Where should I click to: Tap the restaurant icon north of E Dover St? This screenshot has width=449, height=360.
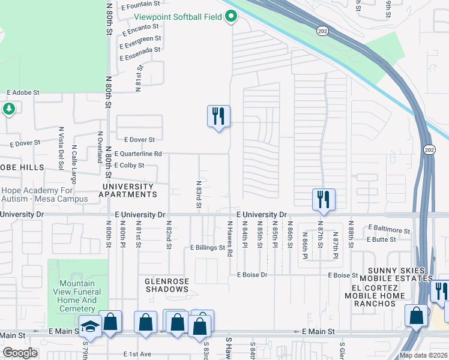[x=218, y=115]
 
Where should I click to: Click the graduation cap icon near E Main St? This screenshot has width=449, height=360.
[x=90, y=326]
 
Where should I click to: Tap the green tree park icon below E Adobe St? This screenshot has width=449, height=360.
[x=8, y=109]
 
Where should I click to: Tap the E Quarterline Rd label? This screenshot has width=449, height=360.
[x=138, y=154]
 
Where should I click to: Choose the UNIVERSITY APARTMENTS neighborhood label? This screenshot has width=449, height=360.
[x=127, y=190]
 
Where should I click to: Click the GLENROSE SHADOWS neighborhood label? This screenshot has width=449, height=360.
[x=167, y=285]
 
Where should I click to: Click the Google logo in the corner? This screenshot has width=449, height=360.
[x=20, y=353]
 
